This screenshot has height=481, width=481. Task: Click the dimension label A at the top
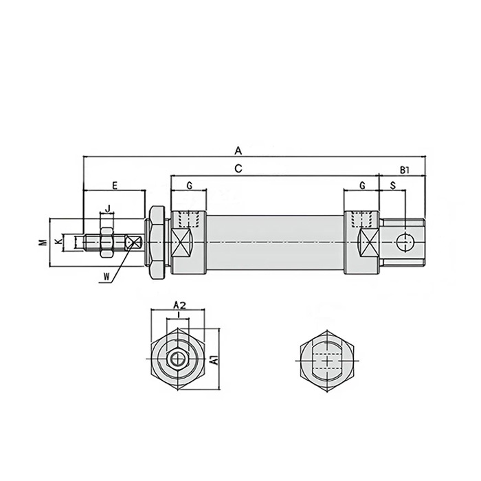238,149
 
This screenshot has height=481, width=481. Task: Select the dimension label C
238,168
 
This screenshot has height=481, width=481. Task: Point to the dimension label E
115,186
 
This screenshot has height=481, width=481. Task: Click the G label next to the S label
361,186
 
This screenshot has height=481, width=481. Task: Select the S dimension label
392,186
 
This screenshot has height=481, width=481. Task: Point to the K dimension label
58,242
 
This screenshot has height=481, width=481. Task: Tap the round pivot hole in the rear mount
405,242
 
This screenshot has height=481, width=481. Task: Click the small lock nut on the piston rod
106,242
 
